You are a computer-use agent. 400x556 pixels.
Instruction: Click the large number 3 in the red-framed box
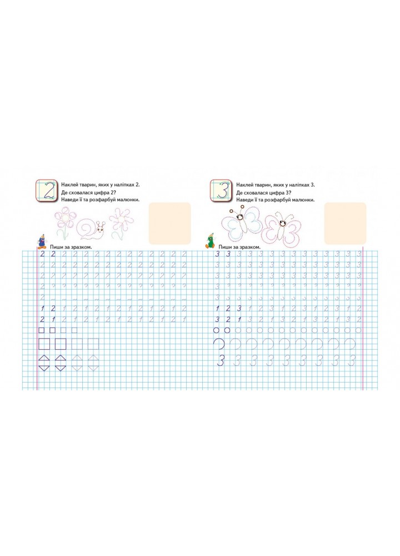222,191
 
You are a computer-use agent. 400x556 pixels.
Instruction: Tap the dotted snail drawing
92,229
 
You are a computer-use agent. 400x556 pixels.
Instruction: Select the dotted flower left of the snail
65,223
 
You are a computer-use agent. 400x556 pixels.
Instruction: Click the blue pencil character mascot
42,241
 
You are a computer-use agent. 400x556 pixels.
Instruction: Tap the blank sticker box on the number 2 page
169,223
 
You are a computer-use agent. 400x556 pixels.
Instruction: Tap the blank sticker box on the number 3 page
345,223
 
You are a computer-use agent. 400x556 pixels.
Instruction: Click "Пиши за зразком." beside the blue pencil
71,247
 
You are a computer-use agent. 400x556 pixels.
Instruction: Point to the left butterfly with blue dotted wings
241,224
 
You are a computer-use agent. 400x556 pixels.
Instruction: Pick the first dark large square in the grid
44,344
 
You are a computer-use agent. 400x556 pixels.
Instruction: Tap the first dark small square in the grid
42,330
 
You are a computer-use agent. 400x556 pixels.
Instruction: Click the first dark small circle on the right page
217,330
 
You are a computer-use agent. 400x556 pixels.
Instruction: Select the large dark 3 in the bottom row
221,361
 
